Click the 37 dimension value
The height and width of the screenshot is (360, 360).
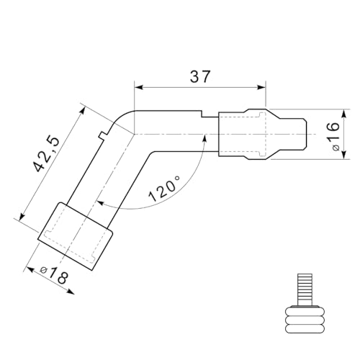[x=200, y=76]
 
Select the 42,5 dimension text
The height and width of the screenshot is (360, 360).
[x=46, y=154]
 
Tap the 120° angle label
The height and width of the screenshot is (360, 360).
[x=165, y=189]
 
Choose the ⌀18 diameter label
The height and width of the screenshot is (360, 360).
[x=54, y=275]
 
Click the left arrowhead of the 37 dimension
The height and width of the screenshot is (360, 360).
[x=139, y=87]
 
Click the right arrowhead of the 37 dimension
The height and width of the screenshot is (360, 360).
[x=261, y=87]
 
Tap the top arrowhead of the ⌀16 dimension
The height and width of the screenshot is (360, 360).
[x=344, y=114]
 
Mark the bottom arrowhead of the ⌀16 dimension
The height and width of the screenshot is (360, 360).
[x=344, y=154]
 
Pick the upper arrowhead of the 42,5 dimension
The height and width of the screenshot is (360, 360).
[x=82, y=111]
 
